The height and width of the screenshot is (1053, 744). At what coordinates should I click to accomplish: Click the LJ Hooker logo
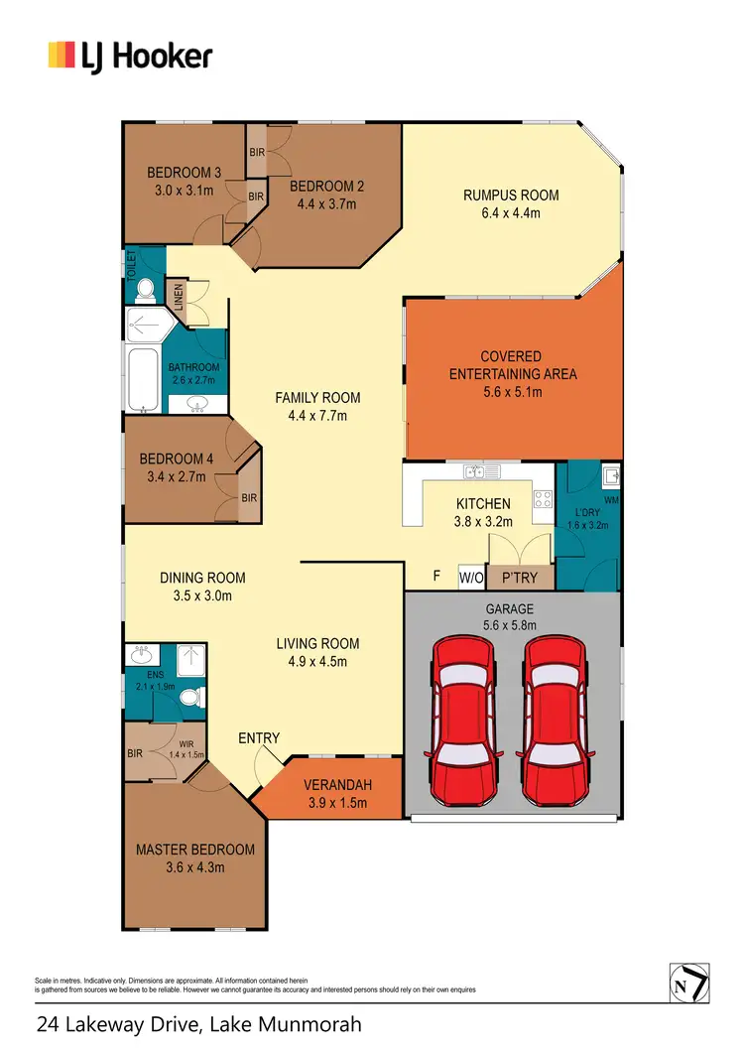point(130,55)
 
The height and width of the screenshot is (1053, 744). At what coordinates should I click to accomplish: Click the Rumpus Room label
point(511,196)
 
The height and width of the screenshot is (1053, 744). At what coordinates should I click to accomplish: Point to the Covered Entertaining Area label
point(512,365)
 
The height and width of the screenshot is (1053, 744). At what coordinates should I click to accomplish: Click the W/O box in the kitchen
point(470,577)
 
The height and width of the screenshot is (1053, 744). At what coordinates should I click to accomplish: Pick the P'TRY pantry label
point(517,577)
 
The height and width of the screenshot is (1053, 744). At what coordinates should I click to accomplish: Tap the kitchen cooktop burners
point(543,501)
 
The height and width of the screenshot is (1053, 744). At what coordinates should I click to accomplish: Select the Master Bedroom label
point(195,850)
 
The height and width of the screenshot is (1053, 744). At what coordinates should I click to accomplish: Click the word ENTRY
point(259,738)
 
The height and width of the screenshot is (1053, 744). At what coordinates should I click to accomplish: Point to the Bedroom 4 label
point(177,459)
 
